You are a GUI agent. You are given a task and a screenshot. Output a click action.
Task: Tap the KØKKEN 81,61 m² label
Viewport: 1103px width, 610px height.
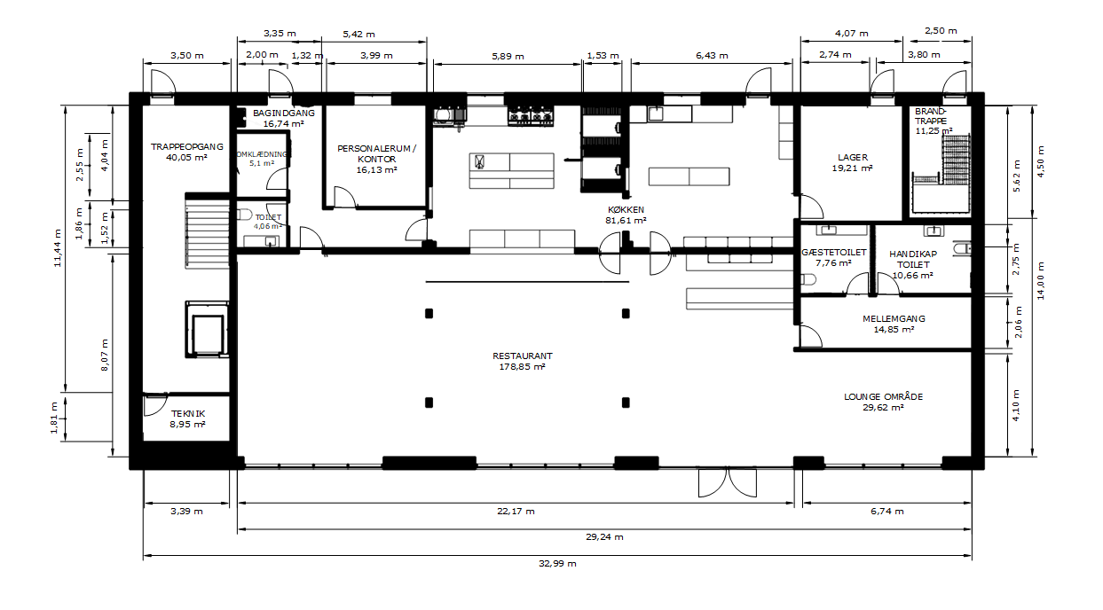click(x=626, y=215)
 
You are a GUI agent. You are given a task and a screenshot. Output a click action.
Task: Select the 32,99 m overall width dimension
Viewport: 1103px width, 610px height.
click(x=557, y=564)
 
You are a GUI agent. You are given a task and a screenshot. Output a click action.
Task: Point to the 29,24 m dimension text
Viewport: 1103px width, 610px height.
click(x=604, y=536)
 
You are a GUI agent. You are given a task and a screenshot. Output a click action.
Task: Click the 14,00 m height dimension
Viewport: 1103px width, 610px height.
click(x=1041, y=281)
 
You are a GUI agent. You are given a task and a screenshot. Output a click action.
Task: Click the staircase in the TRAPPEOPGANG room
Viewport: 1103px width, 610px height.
click(x=208, y=231)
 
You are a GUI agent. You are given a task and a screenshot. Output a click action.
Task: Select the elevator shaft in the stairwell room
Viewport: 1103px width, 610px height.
click(x=208, y=329)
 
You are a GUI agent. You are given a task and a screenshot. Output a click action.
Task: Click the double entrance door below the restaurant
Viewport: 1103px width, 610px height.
click(x=728, y=482)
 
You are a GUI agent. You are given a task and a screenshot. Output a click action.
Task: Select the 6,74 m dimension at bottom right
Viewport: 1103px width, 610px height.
click(x=886, y=511)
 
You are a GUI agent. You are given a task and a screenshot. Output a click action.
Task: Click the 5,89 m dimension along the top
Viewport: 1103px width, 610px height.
click(x=508, y=56)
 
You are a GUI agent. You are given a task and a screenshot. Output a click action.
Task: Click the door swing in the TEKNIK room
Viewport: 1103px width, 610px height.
click(x=155, y=405)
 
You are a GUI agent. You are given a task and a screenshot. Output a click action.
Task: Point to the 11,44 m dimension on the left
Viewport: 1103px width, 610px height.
click(x=58, y=248)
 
